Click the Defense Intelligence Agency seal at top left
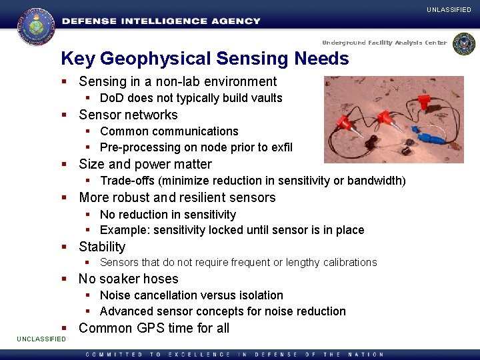pos(36,25)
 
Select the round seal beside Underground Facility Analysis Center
pos(463,44)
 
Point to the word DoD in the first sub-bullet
pos(111,98)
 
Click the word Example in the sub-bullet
pos(123,230)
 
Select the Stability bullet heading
pos(102,247)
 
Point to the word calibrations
pos(351,263)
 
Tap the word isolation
pos(259,295)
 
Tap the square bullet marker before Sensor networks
pos(65,115)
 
